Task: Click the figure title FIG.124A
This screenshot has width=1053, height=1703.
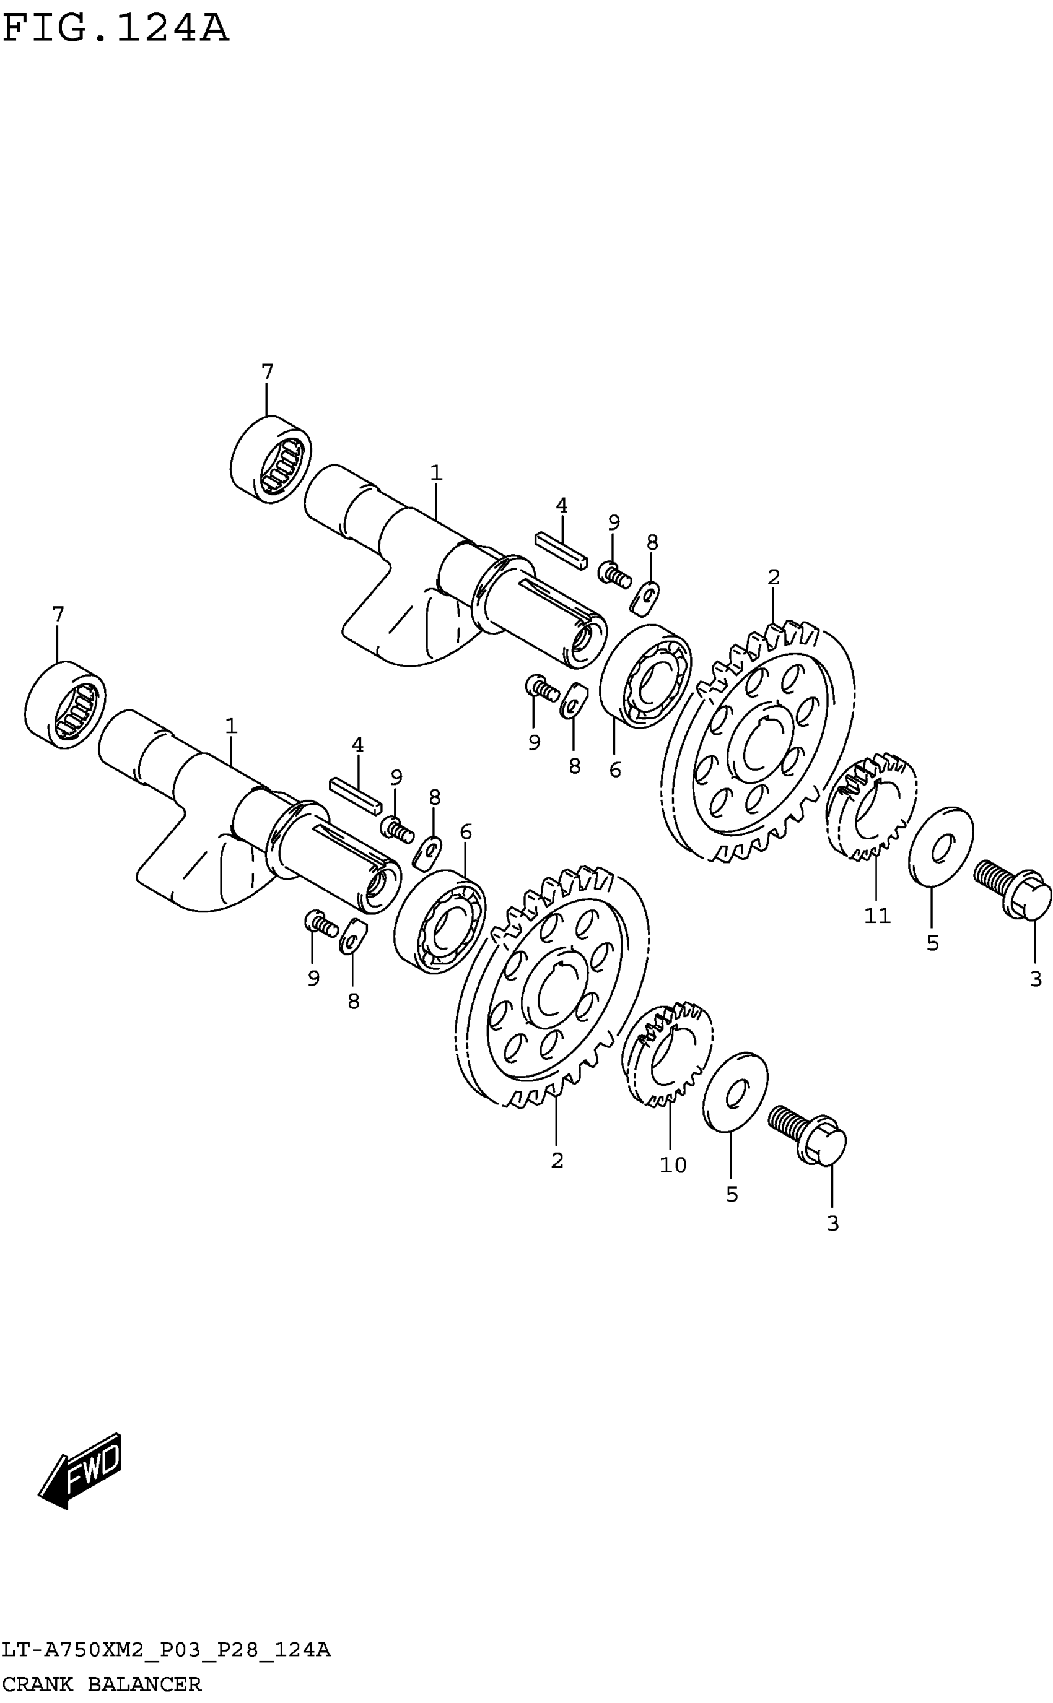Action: [x=116, y=29]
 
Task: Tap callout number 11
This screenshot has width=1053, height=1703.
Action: [x=877, y=916]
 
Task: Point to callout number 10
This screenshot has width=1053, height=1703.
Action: [x=673, y=1165]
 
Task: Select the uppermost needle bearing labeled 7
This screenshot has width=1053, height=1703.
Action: [x=271, y=459]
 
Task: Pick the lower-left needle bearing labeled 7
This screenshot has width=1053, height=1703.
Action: [x=65, y=704]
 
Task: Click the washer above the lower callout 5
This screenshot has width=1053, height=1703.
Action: [x=735, y=1092]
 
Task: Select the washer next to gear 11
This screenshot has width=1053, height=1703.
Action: [x=941, y=846]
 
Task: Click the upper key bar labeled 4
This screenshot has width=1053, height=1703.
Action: [x=561, y=550]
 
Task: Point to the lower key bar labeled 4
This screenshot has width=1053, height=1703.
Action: [x=355, y=795]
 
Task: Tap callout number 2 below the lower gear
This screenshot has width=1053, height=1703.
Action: [x=556, y=1160]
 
